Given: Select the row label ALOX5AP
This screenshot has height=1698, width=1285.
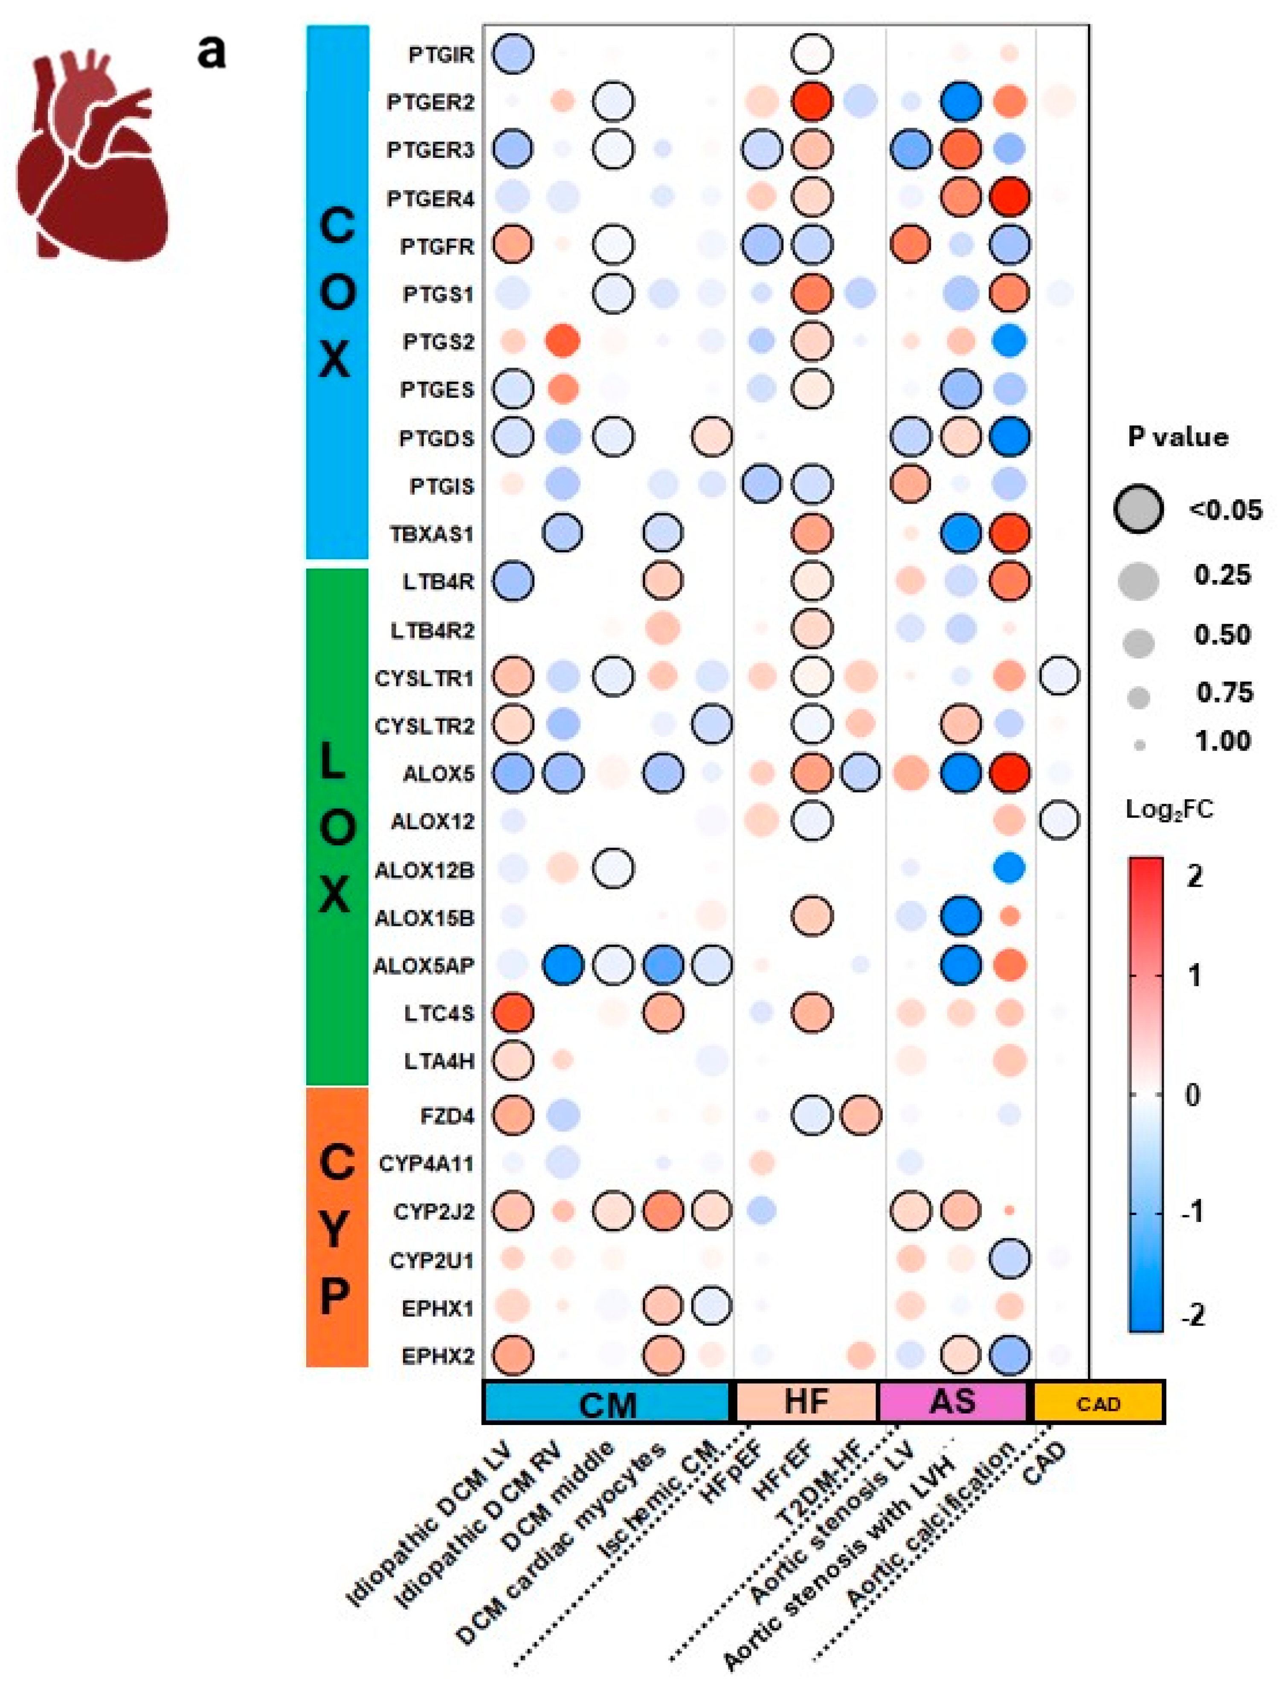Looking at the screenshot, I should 424,966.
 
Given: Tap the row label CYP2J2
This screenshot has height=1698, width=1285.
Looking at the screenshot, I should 434,1212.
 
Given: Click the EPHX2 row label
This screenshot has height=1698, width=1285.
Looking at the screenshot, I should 438,1356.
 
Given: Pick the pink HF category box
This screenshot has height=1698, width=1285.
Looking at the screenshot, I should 806,1402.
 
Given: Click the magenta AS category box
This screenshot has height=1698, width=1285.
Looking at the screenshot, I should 953,1402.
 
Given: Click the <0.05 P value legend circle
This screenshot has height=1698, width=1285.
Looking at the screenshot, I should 1138,509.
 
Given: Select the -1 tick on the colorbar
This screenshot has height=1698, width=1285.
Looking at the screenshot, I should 1192,1213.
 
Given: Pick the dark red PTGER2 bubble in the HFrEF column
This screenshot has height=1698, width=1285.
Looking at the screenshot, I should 811,102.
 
